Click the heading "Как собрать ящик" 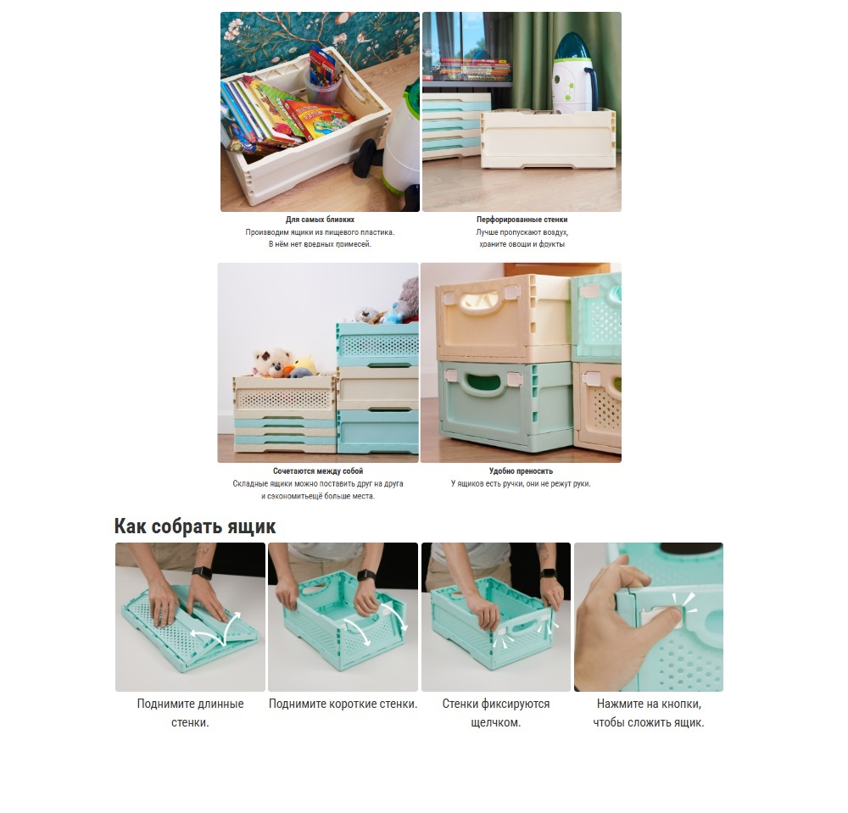[195, 526]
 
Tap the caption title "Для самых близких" [321, 220]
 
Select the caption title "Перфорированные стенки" [522, 220]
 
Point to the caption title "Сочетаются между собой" [318, 471]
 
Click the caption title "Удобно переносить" [521, 471]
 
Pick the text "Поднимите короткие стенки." [343, 704]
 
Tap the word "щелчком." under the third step [496, 723]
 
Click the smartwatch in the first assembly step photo [203, 572]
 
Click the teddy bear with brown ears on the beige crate [272, 362]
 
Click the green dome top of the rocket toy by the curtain [574, 47]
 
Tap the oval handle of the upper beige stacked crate [478, 302]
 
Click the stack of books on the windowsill [474, 70]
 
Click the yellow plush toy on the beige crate [304, 365]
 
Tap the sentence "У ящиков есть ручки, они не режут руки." [521, 484]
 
